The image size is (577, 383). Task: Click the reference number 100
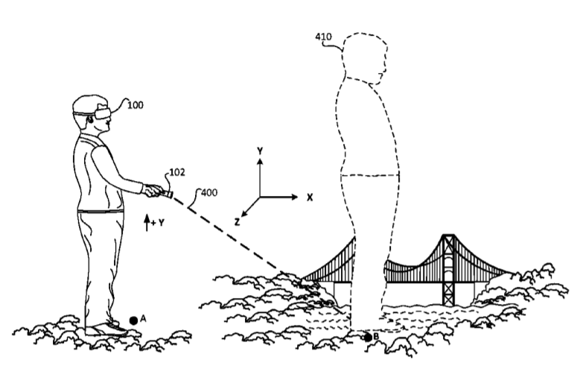[135, 105]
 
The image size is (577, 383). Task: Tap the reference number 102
[177, 172]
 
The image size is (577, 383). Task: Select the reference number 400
[209, 192]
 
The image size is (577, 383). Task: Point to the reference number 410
[323, 37]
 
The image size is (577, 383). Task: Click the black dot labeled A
[133, 320]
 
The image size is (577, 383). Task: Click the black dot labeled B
[368, 338]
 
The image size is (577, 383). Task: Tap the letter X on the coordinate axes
[310, 197]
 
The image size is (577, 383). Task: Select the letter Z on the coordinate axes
[238, 222]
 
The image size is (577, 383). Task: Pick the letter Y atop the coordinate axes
[260, 151]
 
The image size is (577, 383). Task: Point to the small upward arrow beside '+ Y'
[147, 223]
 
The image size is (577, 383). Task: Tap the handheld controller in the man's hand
[166, 193]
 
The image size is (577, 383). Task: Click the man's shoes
[106, 329]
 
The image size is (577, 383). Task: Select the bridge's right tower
[448, 270]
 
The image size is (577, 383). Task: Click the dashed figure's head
[365, 56]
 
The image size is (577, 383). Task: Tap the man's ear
[89, 120]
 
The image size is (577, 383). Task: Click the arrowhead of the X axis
[294, 197]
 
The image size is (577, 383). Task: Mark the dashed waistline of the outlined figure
[370, 175]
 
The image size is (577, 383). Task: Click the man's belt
[101, 211]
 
